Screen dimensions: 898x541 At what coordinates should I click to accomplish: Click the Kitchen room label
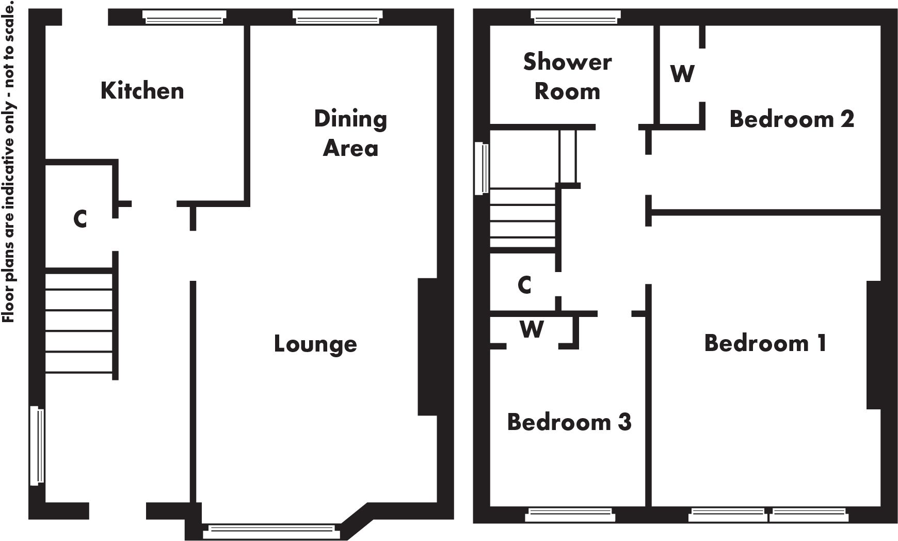coord(142,90)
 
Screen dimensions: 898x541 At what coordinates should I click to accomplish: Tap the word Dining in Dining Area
coord(350,120)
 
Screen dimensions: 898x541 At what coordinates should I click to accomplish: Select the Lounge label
coord(315,344)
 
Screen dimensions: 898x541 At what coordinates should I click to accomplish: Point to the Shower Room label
coord(567,76)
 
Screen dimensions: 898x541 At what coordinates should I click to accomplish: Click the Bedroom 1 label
coord(765,343)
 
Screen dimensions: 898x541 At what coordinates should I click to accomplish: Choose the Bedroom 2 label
coord(791,119)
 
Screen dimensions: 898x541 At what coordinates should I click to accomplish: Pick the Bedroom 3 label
coord(569,422)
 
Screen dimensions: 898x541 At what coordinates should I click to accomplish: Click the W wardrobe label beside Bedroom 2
coord(682,74)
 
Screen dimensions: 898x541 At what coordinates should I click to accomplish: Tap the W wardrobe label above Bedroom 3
coord(532,329)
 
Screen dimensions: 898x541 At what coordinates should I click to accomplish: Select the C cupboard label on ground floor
coord(80,219)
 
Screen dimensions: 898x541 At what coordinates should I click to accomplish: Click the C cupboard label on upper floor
coord(524,284)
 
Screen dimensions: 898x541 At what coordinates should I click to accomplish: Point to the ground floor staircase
coord(79,320)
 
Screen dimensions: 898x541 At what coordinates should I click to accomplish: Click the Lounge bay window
coord(270,531)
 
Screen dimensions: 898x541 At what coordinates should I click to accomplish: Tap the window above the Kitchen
coord(184,17)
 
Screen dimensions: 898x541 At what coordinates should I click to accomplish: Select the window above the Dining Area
coord(338,17)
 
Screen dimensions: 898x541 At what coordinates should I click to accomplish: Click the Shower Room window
coord(575,17)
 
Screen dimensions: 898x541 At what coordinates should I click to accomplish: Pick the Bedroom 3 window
coord(570,515)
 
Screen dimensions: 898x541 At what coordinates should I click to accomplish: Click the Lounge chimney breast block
coord(428,347)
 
